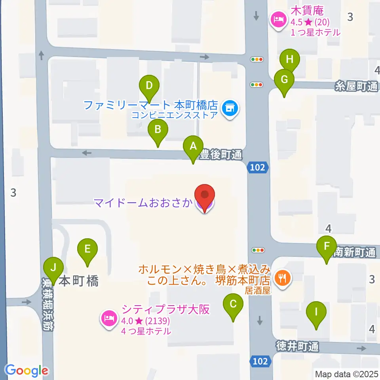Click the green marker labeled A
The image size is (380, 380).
(x=193, y=146)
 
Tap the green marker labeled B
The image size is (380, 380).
(x=158, y=130)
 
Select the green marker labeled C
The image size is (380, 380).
(x=233, y=304)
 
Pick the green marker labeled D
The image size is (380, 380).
(x=149, y=85)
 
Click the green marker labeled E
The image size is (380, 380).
(x=87, y=249)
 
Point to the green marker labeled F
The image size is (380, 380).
(x=327, y=247)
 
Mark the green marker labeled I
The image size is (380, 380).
(x=316, y=312)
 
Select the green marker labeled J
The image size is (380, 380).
(x=53, y=267)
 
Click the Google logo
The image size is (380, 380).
(x=27, y=370)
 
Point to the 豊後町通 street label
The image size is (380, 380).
(x=220, y=155)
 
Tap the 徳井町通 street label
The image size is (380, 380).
(x=297, y=347)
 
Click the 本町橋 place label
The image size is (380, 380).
(x=78, y=281)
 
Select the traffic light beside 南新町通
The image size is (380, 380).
(x=258, y=250)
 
